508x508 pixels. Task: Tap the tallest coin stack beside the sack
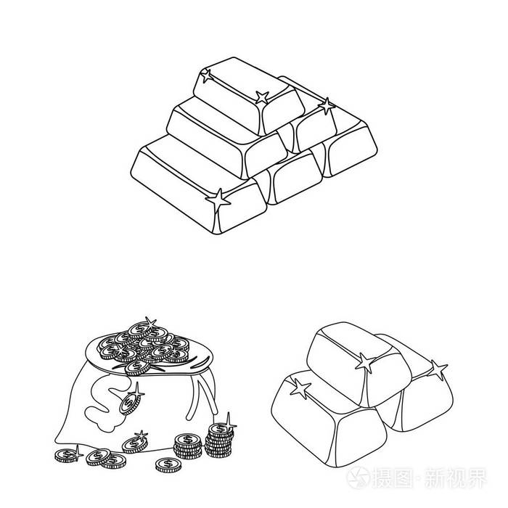[218, 441]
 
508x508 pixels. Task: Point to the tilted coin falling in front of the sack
[131, 401]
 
